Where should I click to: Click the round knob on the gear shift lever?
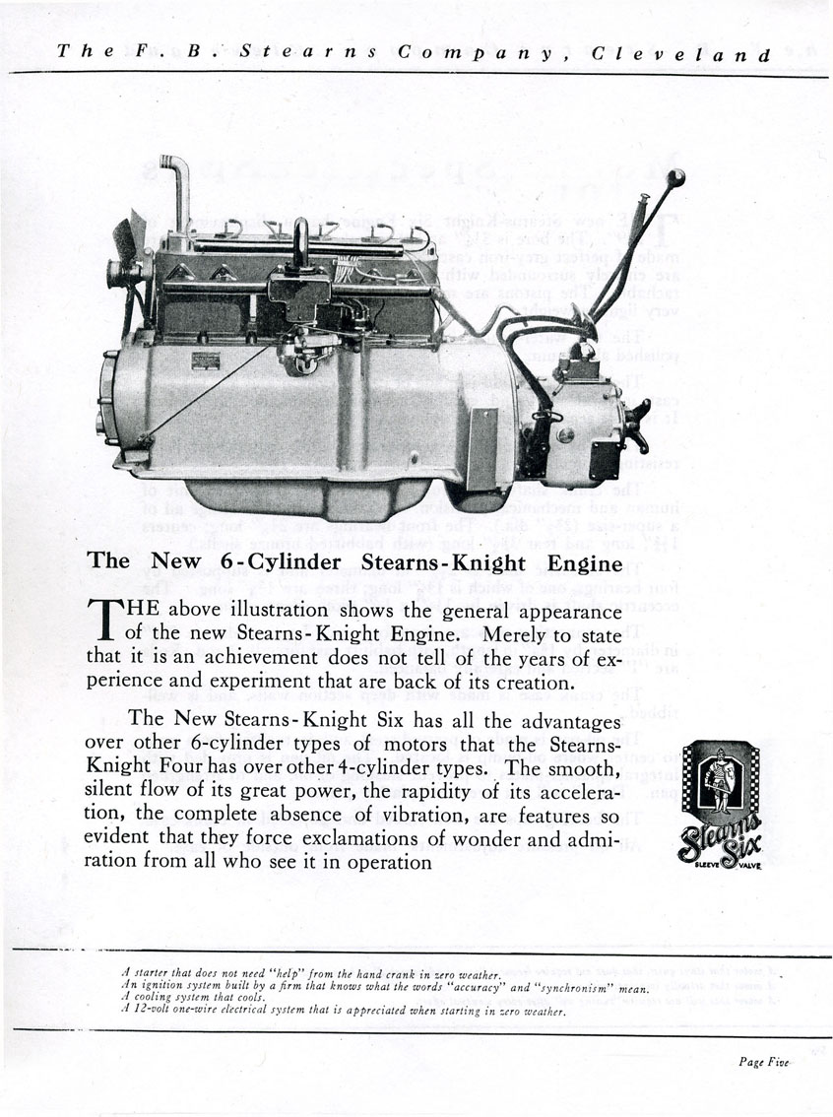coord(675,178)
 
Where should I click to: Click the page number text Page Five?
coord(765,1061)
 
